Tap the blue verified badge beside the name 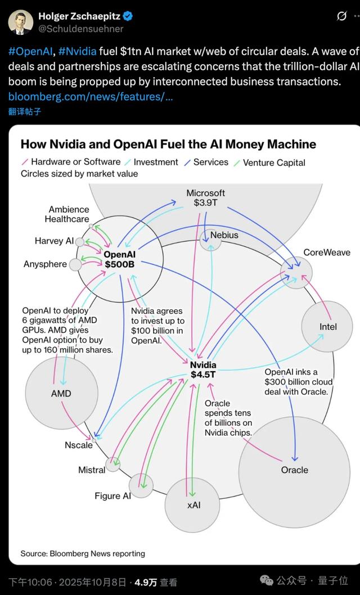coord(131,16)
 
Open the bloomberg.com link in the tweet coord(91,97)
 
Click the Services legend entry coord(210,162)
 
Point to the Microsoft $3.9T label coord(206,198)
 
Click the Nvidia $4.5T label coord(203,369)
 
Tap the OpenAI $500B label coord(120,259)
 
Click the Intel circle coord(327,326)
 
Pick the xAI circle coord(193,504)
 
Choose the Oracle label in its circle coord(295,470)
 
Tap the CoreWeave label coord(327,253)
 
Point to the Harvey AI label coord(53,241)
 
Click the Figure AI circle coord(141,485)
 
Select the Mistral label coord(92,470)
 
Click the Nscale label coord(78,445)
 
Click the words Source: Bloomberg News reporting coord(83,553)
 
